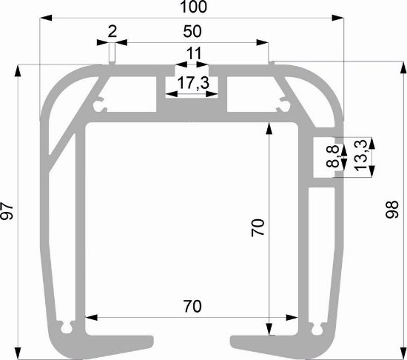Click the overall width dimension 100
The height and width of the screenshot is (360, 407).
point(193,7)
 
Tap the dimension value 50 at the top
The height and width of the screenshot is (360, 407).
point(192,31)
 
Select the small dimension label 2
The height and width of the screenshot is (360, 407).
point(112,31)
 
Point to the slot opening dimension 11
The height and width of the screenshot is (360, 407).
point(194,53)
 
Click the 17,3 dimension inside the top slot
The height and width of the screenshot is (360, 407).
point(193,83)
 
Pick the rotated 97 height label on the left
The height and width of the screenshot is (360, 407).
point(7,211)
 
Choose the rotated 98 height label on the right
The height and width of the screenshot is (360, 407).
point(391,210)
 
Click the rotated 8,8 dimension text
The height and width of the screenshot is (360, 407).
point(333,156)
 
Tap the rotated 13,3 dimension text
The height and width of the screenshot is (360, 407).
point(360,156)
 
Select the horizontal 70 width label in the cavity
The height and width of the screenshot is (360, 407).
point(192,306)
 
